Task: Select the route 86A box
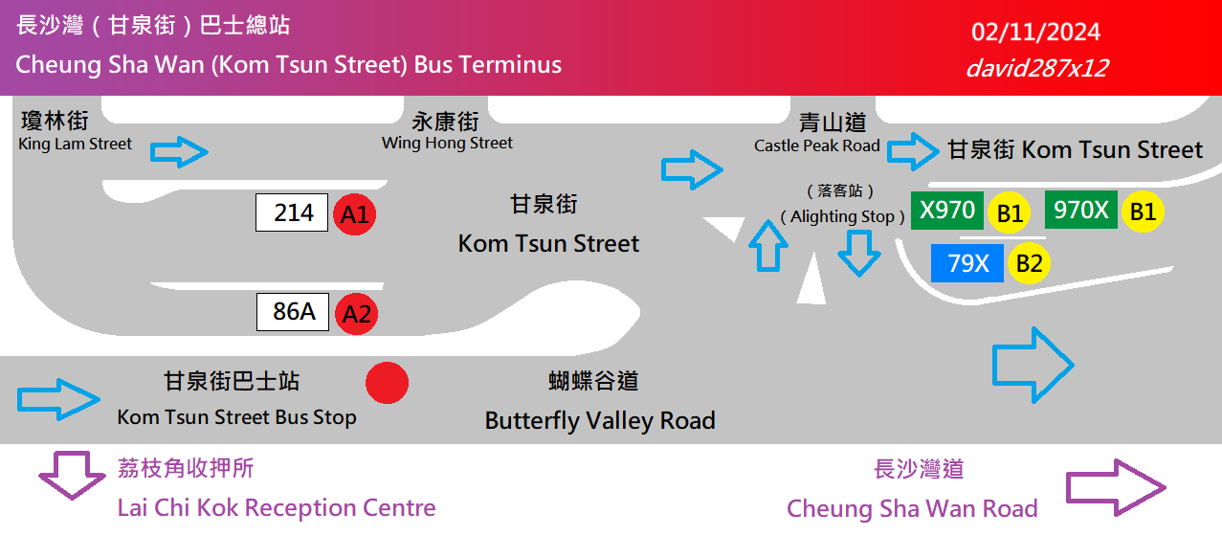click(x=293, y=311)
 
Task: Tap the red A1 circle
click(x=354, y=214)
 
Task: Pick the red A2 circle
click(x=356, y=313)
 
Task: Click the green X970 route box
click(x=946, y=211)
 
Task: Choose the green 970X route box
click(x=1080, y=211)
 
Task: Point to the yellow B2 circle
click(x=1029, y=262)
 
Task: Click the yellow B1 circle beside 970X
click(x=1142, y=212)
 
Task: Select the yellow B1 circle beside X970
click(x=1009, y=213)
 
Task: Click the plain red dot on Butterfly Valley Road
click(x=387, y=383)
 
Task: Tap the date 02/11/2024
click(x=1035, y=33)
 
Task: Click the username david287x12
click(x=1036, y=68)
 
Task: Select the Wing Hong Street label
click(x=447, y=132)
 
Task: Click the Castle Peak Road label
click(x=817, y=134)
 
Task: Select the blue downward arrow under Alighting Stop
click(x=858, y=252)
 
